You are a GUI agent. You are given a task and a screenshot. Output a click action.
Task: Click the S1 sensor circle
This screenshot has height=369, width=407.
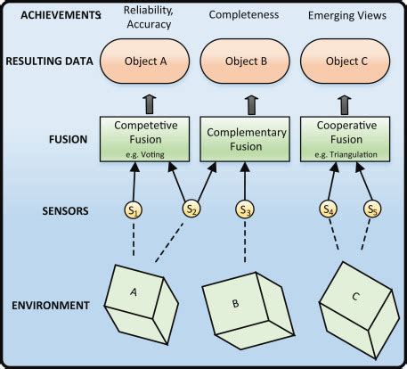(134, 210)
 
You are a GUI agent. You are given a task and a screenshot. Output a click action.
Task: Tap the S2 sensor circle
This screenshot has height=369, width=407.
(191, 209)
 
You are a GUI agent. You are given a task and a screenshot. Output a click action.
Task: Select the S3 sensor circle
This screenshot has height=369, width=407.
(245, 209)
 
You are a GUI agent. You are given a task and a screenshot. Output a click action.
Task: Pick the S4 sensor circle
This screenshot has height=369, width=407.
(329, 209)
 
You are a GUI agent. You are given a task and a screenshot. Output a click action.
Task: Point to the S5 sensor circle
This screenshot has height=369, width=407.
(372, 209)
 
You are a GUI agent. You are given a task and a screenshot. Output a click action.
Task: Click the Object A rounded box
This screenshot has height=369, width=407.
(144, 61)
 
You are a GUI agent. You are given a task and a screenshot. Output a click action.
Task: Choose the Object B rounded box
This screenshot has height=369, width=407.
(245, 61)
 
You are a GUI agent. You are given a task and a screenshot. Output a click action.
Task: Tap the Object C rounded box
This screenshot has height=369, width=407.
(346, 61)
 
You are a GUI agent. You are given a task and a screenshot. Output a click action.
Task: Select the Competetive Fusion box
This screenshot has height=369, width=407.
(144, 139)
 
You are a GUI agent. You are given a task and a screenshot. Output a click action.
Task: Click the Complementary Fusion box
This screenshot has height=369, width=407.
(245, 139)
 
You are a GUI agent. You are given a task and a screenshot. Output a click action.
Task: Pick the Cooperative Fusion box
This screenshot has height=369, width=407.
(346, 139)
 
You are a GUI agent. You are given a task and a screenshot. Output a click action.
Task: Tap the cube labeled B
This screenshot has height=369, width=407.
(248, 310)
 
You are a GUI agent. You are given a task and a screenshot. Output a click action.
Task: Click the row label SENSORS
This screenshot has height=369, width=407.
(65, 210)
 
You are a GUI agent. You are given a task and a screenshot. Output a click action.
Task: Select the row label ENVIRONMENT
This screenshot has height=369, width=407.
(51, 305)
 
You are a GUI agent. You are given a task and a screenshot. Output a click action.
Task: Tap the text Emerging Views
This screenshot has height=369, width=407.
(347, 15)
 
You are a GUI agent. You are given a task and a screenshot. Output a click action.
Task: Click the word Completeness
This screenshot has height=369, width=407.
(244, 14)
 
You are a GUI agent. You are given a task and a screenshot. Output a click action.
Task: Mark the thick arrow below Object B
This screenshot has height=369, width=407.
(253, 105)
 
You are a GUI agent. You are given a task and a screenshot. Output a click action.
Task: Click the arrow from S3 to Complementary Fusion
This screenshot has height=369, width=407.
(245, 181)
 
